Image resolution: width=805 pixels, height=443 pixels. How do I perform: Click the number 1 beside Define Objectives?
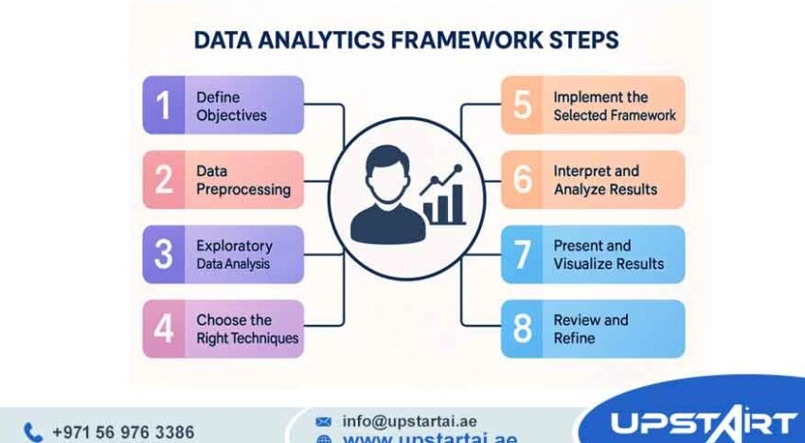(x=165, y=105)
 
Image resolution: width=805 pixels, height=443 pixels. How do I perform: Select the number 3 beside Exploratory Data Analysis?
(x=165, y=254)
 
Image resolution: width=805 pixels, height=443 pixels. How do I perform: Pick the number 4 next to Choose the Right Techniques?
(x=165, y=328)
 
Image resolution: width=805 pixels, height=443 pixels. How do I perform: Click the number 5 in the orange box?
(x=523, y=105)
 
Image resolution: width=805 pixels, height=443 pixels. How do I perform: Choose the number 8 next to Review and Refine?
(x=523, y=328)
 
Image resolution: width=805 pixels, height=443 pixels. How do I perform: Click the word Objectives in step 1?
(x=231, y=115)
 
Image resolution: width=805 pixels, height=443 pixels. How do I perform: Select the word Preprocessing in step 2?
(x=243, y=189)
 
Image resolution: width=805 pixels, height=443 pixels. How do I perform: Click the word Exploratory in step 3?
(x=234, y=245)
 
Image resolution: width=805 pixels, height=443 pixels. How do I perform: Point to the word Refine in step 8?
(x=574, y=338)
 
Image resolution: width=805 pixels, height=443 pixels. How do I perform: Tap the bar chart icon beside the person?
(x=444, y=198)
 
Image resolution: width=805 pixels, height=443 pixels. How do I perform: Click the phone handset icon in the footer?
(x=32, y=432)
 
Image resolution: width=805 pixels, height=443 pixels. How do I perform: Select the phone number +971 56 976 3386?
(x=122, y=432)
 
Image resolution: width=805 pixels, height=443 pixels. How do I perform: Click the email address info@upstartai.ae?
(x=408, y=420)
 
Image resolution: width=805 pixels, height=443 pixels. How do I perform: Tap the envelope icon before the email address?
(x=324, y=420)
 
